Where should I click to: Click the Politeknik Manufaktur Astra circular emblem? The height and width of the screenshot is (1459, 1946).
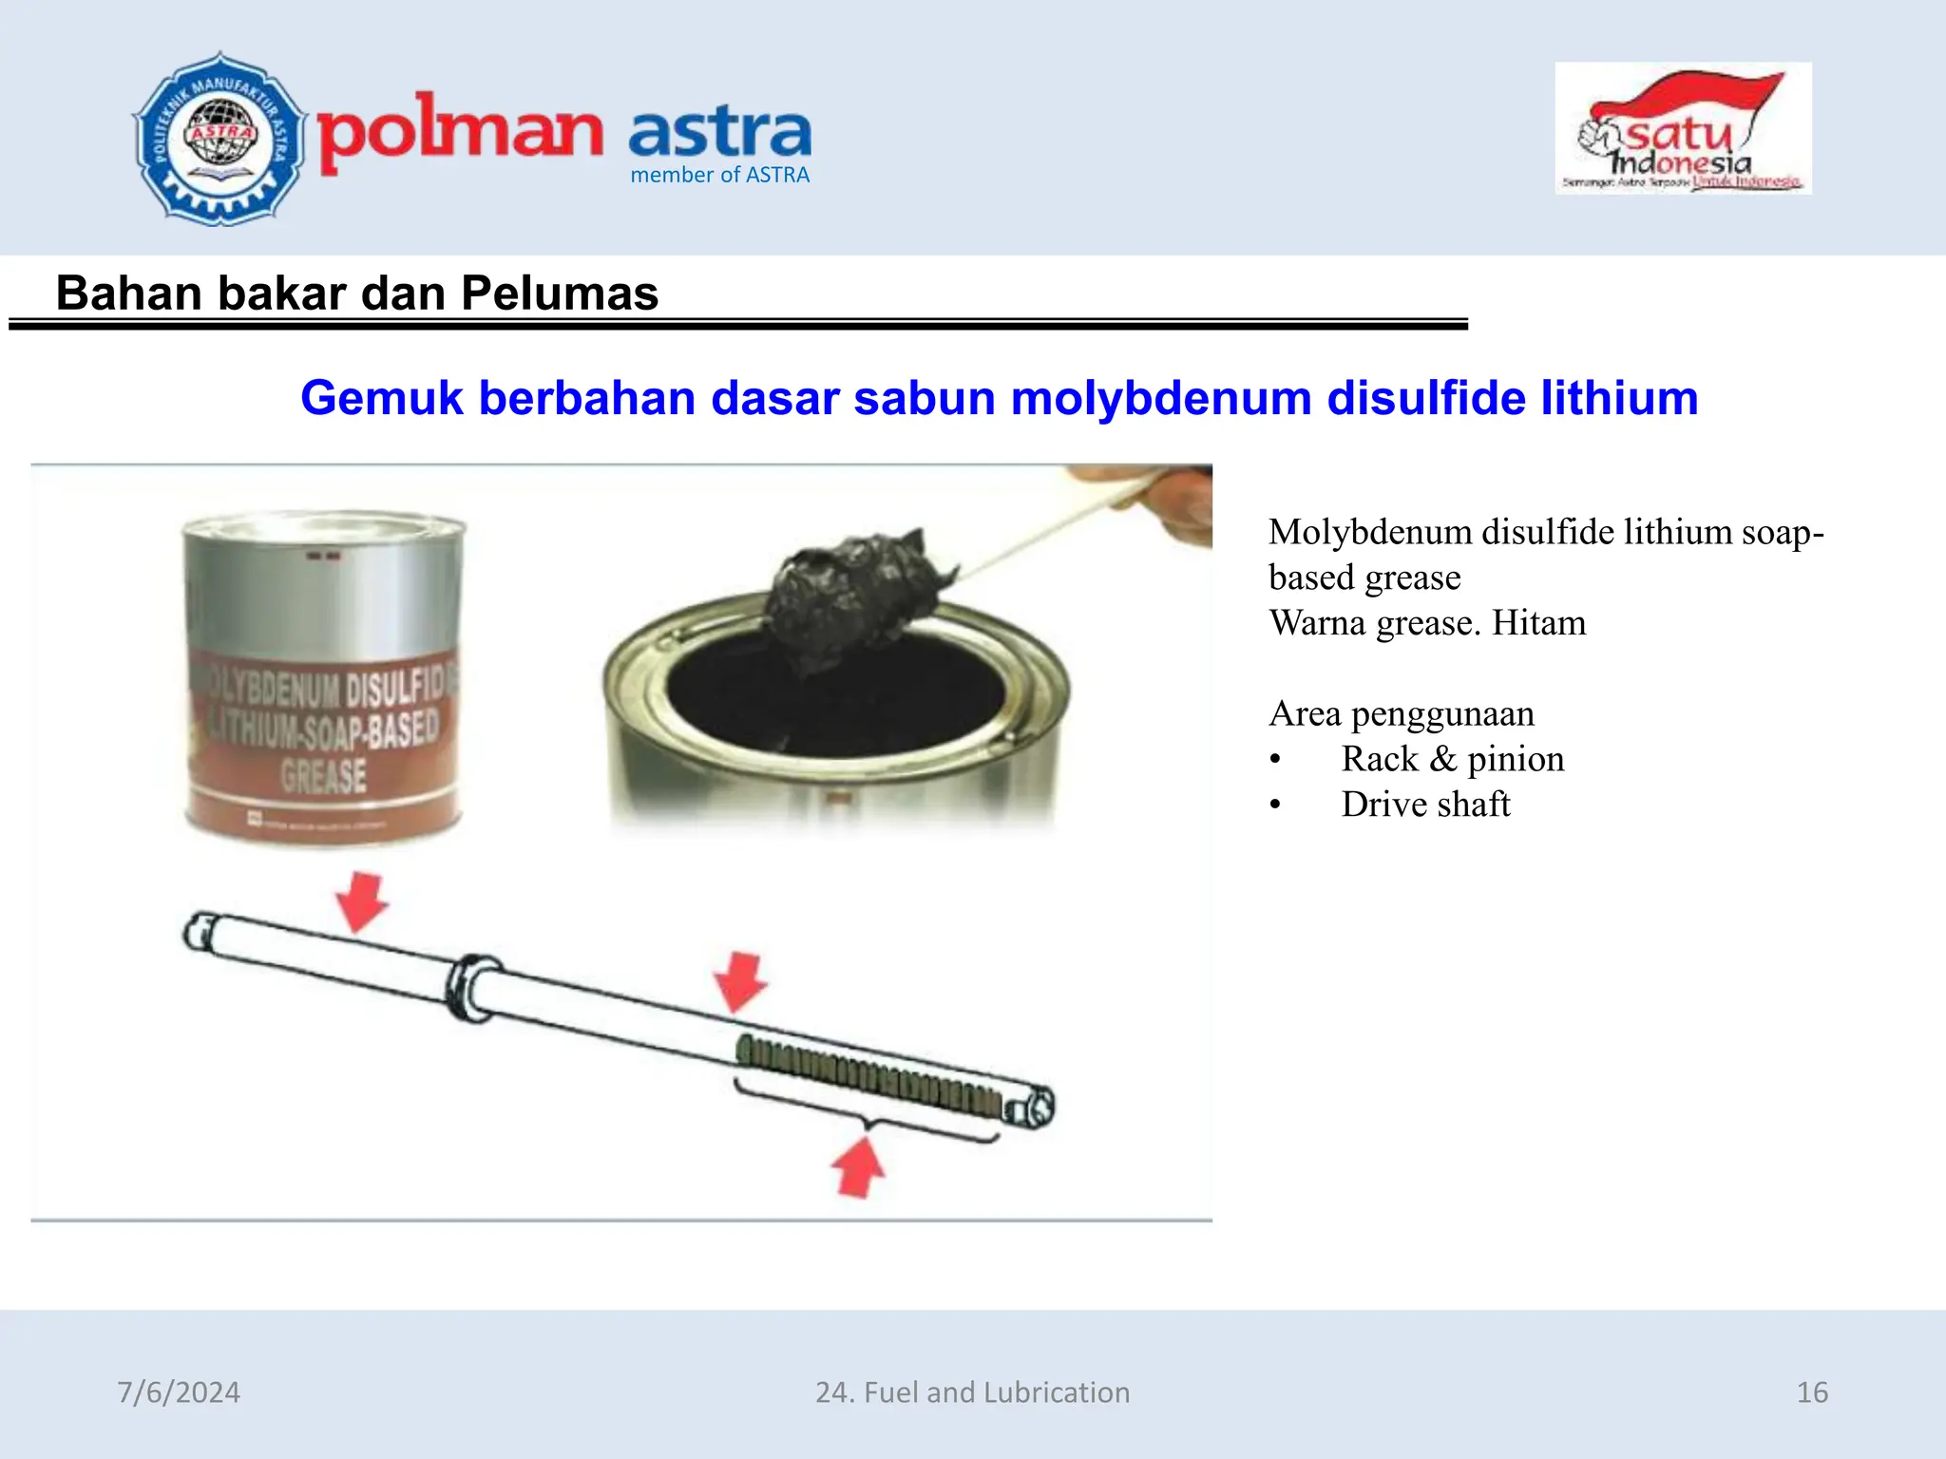pos(219,139)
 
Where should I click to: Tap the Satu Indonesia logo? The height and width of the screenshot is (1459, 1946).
pos(1683,129)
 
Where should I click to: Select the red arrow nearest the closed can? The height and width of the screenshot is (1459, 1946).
pos(361,900)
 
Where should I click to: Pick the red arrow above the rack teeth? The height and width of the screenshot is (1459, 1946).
pos(740,981)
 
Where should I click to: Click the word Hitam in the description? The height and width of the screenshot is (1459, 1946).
pos(1538,623)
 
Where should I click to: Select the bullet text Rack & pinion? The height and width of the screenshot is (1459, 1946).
pos(1452,759)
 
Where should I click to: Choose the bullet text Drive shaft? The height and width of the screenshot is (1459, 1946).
pos(1425,805)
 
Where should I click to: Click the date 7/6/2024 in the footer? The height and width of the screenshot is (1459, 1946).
pos(179,1393)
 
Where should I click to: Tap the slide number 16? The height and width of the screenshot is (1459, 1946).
pos(1812,1393)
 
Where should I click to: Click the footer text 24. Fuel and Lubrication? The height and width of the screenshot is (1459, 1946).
pos(972,1393)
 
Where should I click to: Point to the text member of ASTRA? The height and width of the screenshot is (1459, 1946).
pos(719,175)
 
